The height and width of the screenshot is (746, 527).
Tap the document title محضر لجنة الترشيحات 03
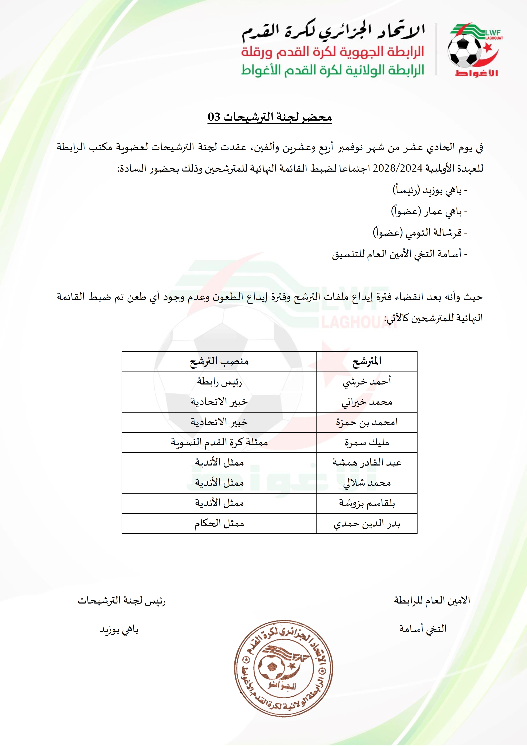tap(270, 117)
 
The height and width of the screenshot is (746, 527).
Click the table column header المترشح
tap(366, 361)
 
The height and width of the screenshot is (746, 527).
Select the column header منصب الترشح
tap(219, 361)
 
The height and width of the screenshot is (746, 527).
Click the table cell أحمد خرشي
tap(366, 382)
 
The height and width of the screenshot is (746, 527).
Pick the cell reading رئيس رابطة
tap(219, 382)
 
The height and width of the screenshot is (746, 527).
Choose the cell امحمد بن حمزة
tap(366, 422)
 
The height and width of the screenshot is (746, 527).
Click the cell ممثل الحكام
tap(219, 523)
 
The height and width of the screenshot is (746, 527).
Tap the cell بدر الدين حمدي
tap(366, 523)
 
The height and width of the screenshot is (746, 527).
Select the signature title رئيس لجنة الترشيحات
tap(122, 601)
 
